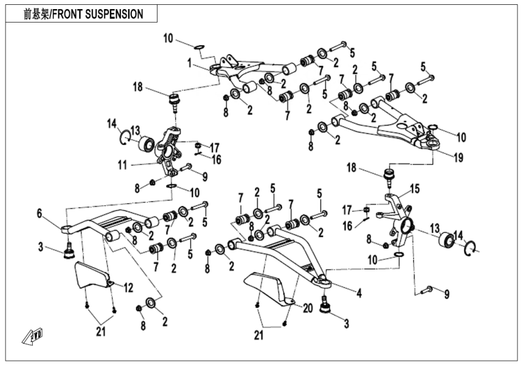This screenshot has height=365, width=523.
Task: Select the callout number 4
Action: [359, 294]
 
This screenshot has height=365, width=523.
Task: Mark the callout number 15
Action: [414, 189]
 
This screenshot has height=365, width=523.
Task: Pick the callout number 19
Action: [457, 157]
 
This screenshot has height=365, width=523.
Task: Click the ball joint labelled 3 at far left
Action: [69, 251]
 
